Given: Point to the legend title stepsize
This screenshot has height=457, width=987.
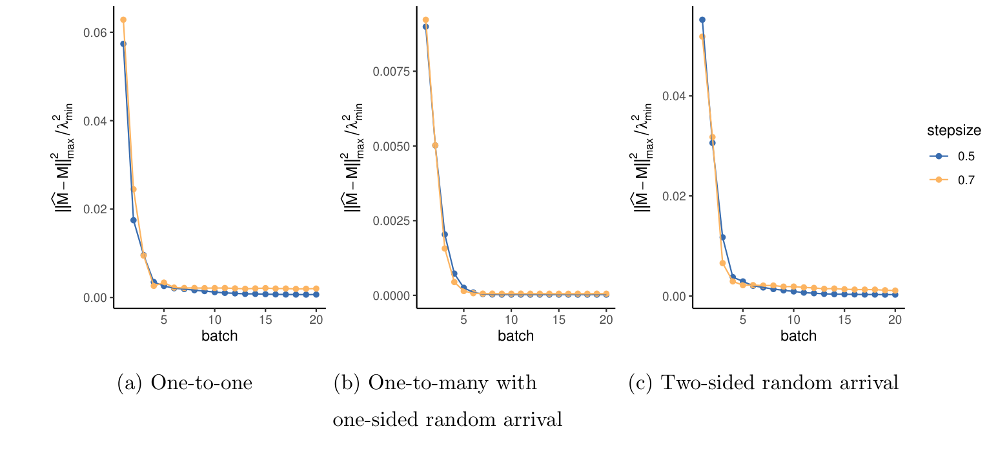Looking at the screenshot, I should tap(953, 131).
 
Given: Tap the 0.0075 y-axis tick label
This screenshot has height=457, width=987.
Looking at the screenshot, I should tap(391, 71).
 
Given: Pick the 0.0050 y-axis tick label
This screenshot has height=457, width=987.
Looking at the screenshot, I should tap(391, 146).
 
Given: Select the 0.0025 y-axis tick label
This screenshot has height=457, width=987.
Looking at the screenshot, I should tap(391, 221).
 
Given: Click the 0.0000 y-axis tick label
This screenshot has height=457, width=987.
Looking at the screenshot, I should tap(391, 295).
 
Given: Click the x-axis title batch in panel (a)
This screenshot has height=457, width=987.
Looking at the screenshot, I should tap(219, 336).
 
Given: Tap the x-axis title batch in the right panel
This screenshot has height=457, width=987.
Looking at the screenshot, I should tap(799, 336).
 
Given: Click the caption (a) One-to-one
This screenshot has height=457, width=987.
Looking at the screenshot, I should tap(185, 383).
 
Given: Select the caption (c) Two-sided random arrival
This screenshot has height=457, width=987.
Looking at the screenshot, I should tap(763, 383).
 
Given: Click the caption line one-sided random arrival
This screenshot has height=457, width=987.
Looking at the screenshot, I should tap(447, 420).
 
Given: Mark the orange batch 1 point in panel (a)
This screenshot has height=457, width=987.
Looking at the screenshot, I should tap(123, 19).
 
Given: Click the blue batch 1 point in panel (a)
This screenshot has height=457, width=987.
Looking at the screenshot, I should tap(123, 44).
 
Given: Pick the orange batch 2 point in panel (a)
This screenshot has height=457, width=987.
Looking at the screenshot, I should tap(134, 189).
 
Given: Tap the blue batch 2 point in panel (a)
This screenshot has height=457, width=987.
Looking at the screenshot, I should tap(134, 220).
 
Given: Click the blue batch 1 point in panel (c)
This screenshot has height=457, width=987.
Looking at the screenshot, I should tap(702, 19).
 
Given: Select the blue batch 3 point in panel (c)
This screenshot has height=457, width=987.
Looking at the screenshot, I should tap(723, 237).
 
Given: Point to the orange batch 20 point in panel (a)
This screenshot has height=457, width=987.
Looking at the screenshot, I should tap(316, 288).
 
